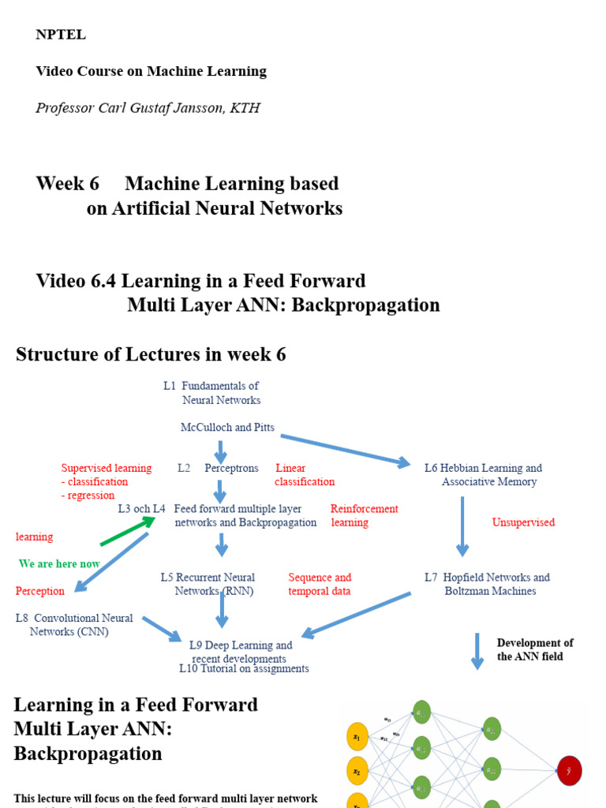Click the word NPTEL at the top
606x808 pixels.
coord(61,35)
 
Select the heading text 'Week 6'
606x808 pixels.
coord(68,184)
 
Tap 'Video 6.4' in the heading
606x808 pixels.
coord(76,282)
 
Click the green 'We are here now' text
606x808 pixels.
coord(59,564)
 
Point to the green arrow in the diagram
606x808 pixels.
coord(123,534)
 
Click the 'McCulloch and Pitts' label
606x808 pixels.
coord(227,428)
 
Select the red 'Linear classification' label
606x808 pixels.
coord(305,475)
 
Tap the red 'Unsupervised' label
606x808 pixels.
coord(523,522)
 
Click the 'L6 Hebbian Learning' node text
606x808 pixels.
coord(484,469)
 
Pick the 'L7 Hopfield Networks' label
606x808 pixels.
coord(487,578)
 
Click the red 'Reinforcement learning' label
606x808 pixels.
coord(364,516)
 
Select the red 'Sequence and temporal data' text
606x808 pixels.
coord(320,585)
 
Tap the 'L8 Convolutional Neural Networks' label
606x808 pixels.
coord(73,625)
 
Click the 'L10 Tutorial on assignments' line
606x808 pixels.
coord(244,669)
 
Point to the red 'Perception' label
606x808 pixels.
coord(40,591)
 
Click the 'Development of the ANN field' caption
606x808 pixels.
coord(535,649)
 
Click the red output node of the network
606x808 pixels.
coord(569,770)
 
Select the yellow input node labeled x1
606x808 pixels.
coord(357,737)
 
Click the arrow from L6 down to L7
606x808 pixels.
coord(462,526)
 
